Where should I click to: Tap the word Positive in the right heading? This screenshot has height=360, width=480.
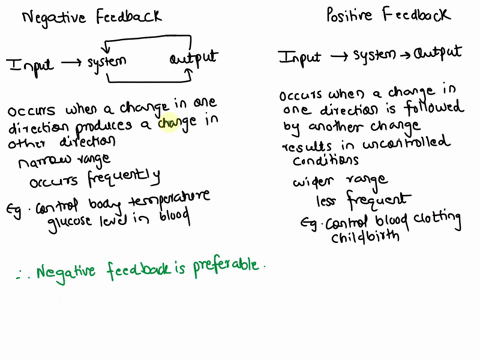click(x=352, y=15)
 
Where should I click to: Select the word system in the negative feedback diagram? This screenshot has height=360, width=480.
click(x=106, y=65)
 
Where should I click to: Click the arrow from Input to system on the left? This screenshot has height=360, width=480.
click(x=68, y=64)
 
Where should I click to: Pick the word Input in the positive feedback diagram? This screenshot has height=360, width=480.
click(x=300, y=58)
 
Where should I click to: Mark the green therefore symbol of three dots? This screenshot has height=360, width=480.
click(x=21, y=271)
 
